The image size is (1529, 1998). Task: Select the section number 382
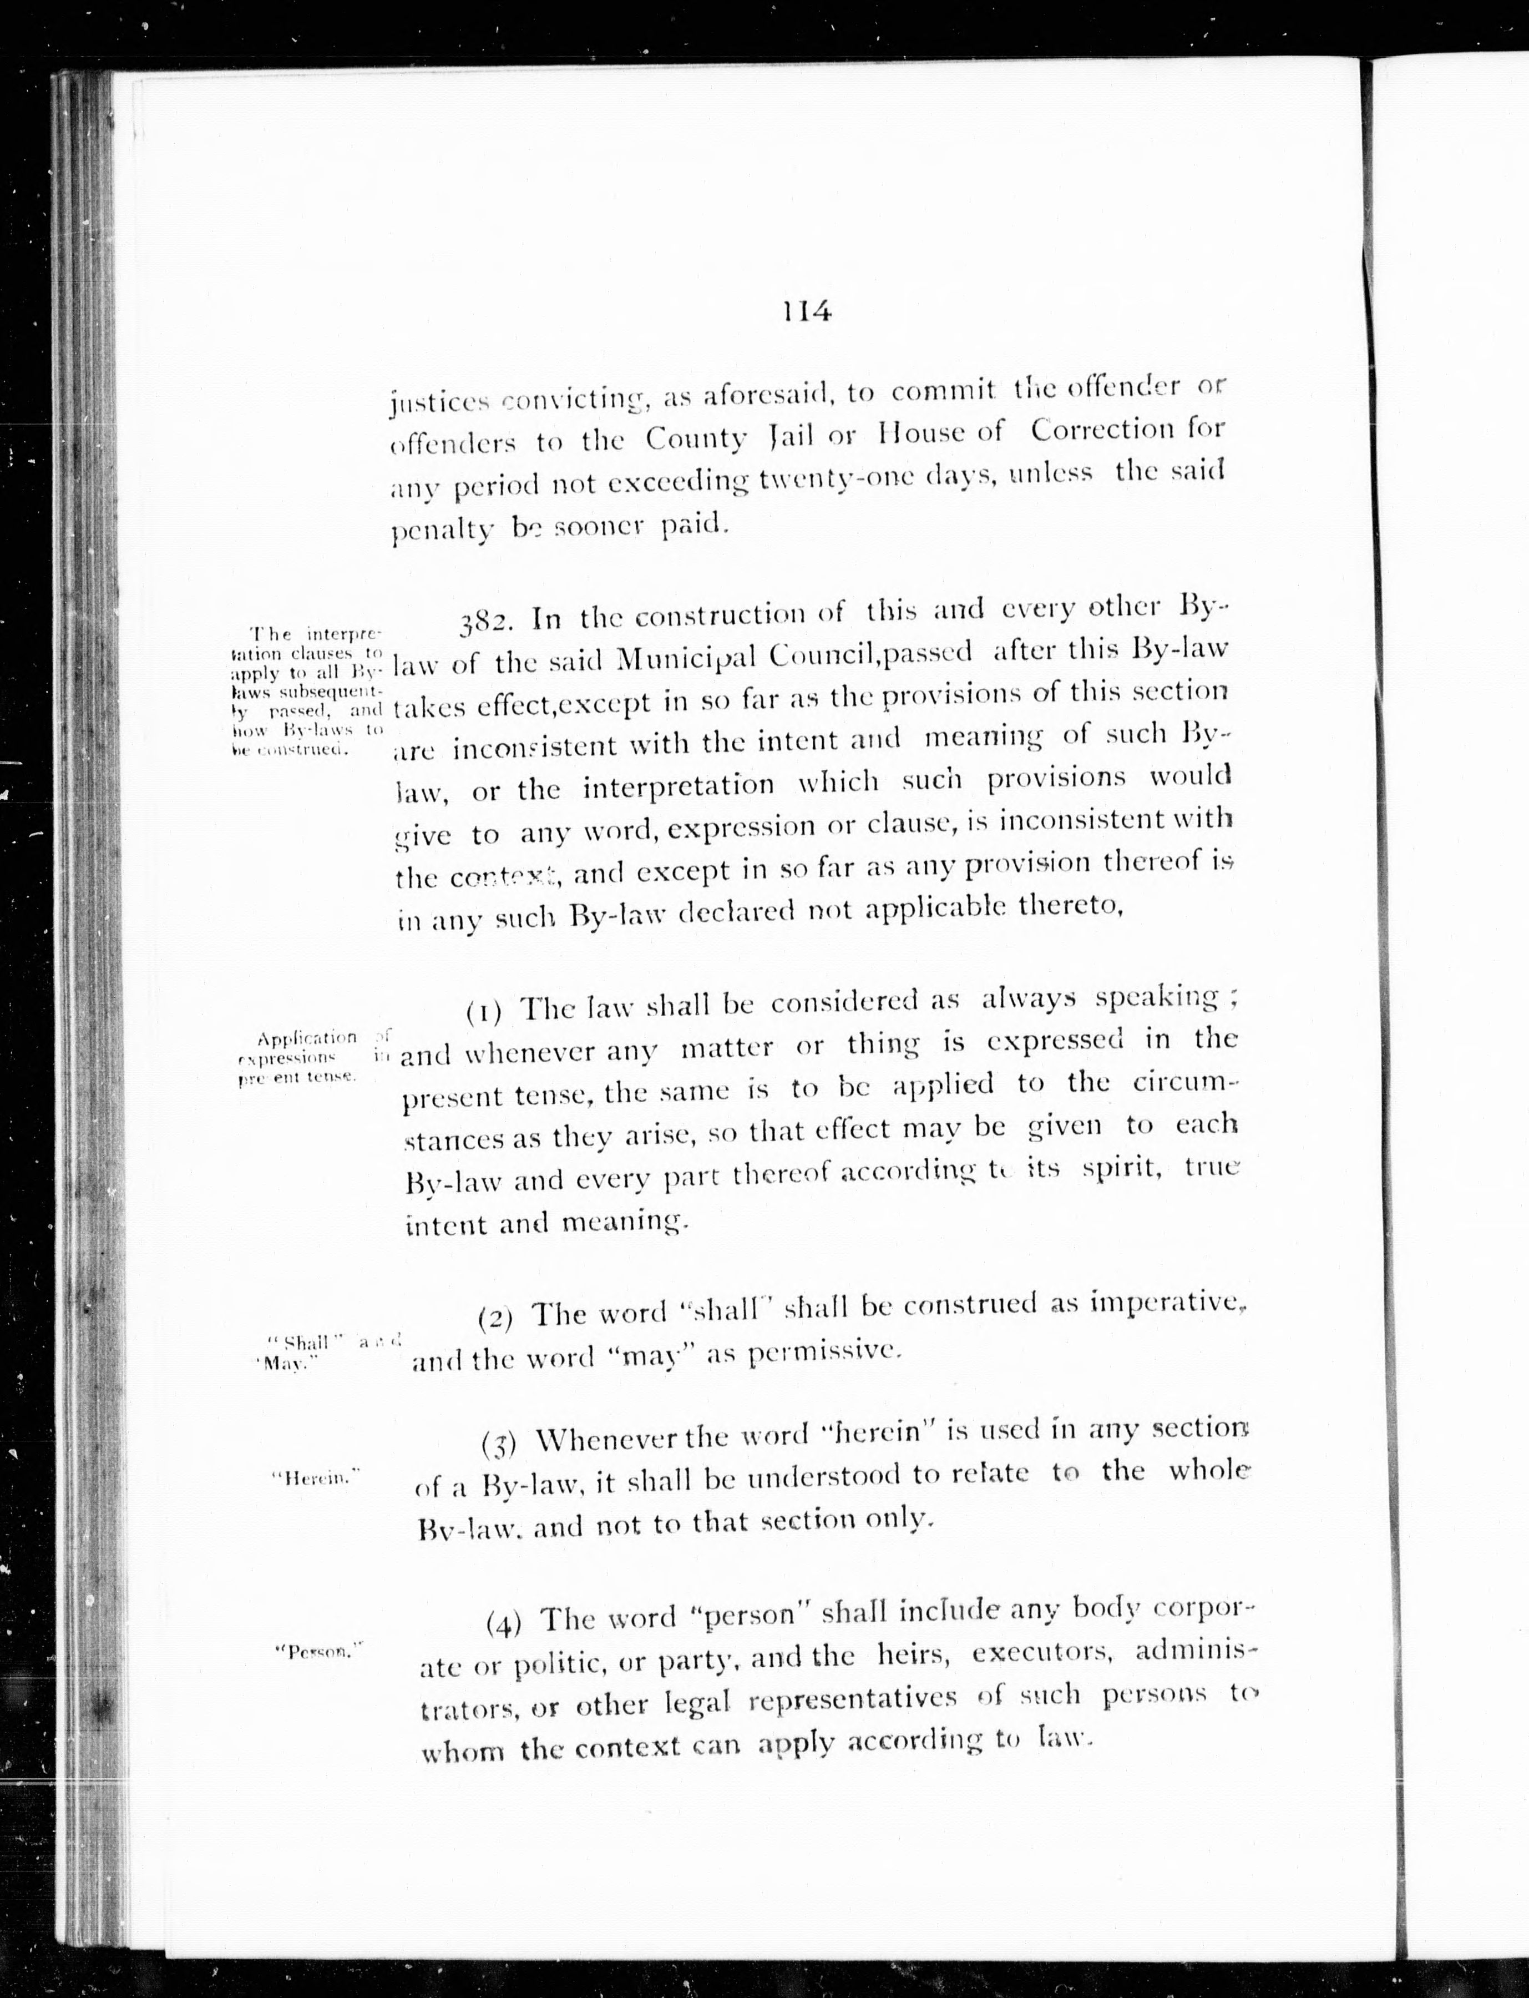489,621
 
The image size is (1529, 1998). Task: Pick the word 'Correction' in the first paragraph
1101,431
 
